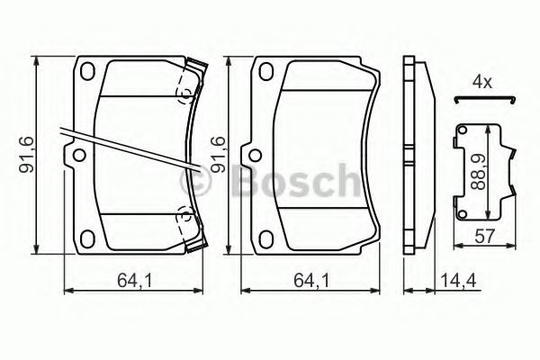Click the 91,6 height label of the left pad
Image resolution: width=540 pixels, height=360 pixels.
26,154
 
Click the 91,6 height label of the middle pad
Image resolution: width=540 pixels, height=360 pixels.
218,154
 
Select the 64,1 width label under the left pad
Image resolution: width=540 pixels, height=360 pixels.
135,281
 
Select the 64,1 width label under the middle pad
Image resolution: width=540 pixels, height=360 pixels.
311,281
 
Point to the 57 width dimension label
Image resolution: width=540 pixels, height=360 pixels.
484,237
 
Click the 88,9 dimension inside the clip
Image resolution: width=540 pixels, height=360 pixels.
479,172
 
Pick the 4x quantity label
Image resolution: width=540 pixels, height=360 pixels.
482,82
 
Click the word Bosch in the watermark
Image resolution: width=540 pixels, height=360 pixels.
295,181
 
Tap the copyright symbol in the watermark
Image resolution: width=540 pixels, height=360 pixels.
194,181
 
